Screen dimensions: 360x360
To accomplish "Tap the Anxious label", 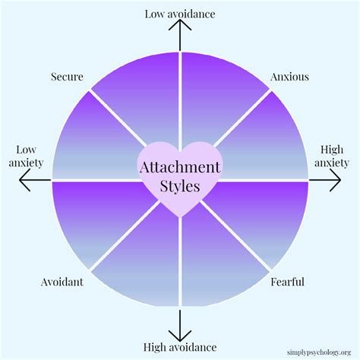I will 289,77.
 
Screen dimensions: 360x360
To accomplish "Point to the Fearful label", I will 288,283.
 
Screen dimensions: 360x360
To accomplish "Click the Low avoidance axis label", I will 179,14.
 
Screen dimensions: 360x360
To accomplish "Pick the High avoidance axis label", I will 179,347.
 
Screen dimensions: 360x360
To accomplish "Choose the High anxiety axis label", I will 331,156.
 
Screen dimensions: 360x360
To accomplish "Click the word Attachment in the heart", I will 179,166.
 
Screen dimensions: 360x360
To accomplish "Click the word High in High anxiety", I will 331,149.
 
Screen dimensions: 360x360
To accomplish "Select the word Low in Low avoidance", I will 156,14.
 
